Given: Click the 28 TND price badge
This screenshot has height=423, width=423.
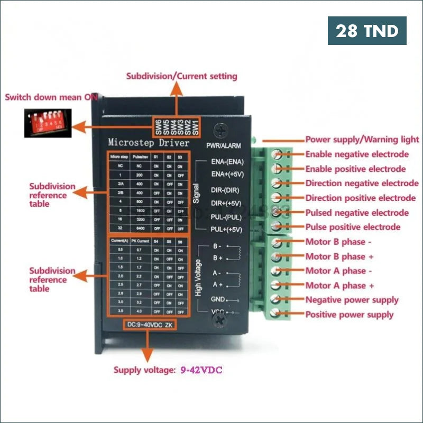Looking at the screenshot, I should pyautogui.click(x=367, y=31).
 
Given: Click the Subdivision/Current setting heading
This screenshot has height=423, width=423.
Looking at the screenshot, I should pyautogui.click(x=181, y=76).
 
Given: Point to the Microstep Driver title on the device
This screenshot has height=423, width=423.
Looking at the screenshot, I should pyautogui.click(x=148, y=142).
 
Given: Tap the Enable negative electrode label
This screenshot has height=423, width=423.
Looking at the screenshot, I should pyautogui.click(x=357, y=154).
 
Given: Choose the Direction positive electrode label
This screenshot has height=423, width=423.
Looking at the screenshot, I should pyautogui.click(x=361, y=198).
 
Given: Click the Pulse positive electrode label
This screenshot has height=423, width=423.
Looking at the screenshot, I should pyautogui.click(x=353, y=227).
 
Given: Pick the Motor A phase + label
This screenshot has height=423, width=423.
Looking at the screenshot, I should pyautogui.click(x=339, y=286).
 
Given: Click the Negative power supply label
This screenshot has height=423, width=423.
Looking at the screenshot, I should pyautogui.click(x=352, y=300).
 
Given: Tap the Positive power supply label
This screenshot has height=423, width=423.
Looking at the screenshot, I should pyautogui.click(x=350, y=315).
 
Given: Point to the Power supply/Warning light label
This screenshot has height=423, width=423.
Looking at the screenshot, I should pyautogui.click(x=362, y=140).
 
